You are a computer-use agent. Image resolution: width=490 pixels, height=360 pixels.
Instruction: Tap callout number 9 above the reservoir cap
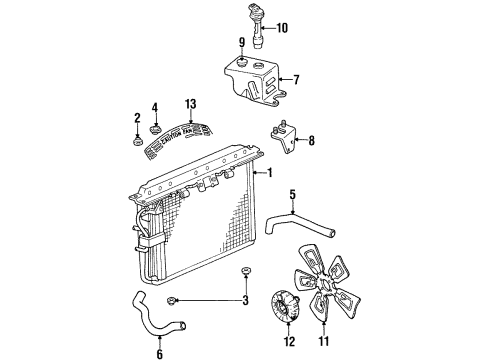tap(241, 42)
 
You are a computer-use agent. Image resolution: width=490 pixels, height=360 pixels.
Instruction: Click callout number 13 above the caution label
tap(190, 103)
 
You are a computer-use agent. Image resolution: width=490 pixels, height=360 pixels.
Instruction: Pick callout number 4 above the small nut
tap(155, 108)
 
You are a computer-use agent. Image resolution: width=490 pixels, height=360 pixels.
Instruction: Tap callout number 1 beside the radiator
tap(269, 172)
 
